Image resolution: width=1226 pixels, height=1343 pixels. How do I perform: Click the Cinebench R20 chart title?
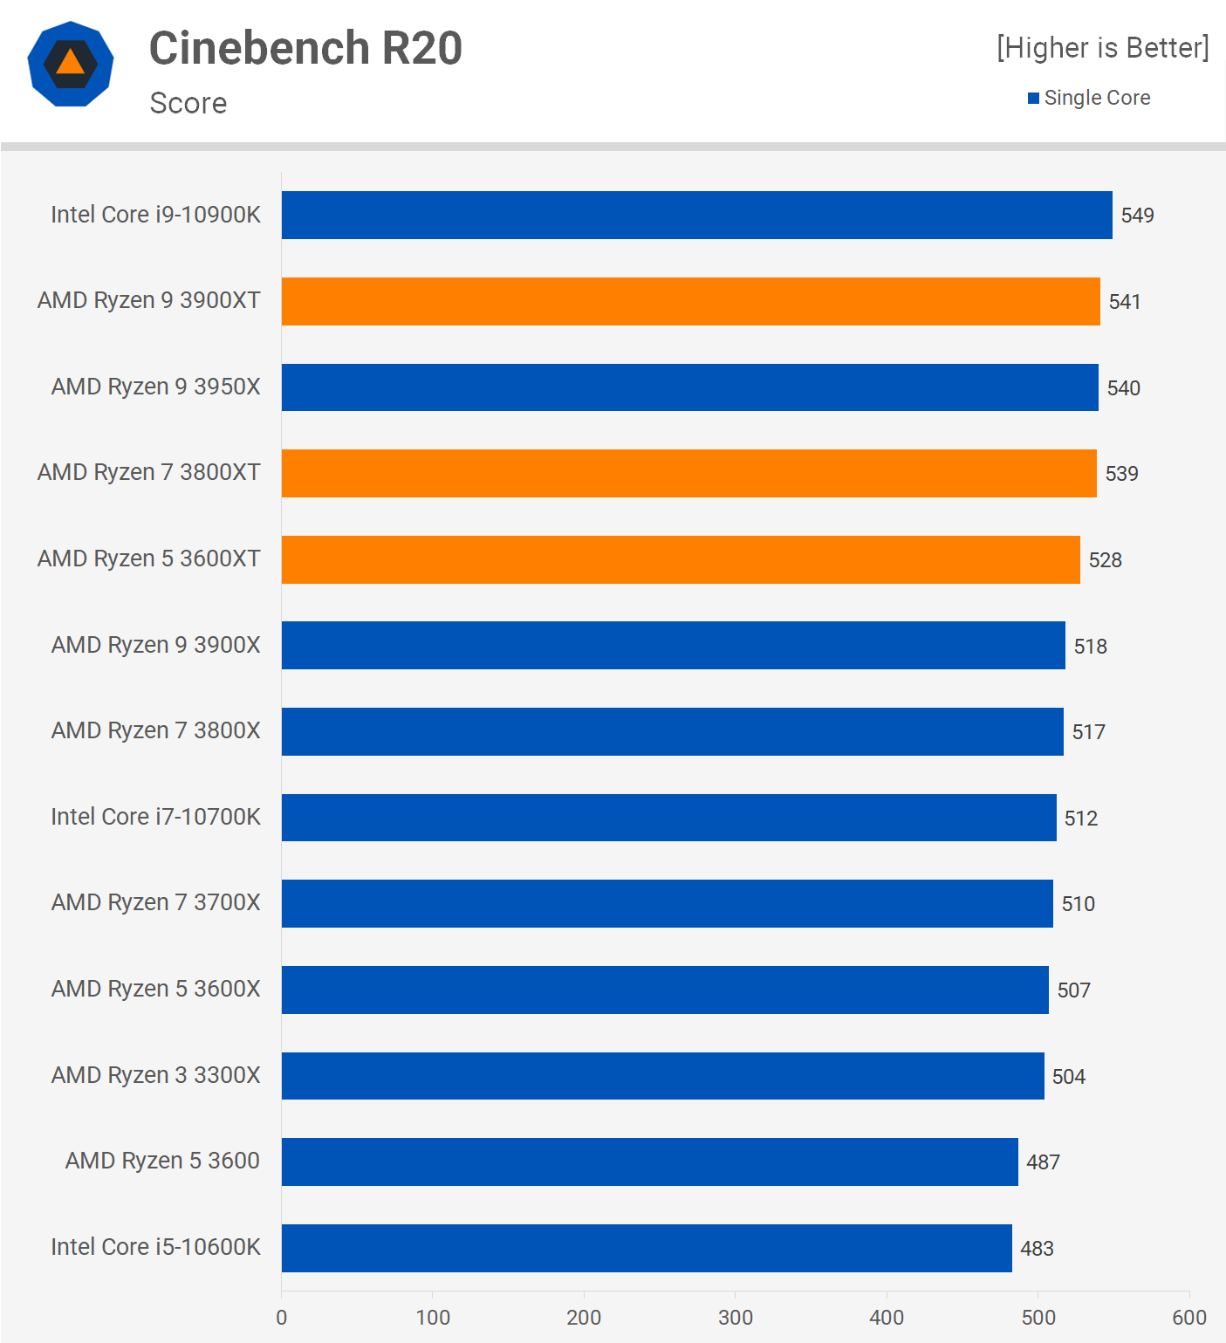tap(305, 48)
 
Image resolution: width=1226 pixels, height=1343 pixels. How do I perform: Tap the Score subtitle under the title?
tap(188, 103)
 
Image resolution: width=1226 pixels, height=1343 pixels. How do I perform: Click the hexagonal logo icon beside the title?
tap(71, 64)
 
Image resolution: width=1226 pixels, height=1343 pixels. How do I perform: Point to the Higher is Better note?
tap(1103, 48)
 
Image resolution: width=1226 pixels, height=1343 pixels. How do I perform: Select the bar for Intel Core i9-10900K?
tap(696, 215)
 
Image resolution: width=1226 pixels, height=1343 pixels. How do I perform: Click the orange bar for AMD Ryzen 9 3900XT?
tap(690, 301)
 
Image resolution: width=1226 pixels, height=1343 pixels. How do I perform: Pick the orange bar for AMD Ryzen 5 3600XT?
tap(681, 559)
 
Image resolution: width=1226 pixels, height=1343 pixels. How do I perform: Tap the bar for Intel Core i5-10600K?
tap(647, 1248)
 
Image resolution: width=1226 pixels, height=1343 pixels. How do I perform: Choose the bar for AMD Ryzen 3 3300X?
tap(662, 1076)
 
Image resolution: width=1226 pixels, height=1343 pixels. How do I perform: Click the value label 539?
tap(1121, 474)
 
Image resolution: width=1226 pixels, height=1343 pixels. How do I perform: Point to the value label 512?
tap(1080, 818)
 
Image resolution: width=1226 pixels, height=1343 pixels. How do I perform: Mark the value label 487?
tap(1043, 1162)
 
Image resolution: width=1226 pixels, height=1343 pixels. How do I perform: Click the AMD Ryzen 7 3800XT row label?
tap(149, 472)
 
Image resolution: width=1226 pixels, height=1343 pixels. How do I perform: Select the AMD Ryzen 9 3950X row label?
tap(156, 387)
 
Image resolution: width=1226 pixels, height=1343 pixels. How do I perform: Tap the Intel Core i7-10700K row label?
tap(156, 817)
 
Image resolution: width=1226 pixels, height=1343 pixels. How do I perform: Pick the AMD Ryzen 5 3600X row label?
tap(156, 989)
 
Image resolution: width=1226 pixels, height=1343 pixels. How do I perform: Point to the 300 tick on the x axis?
tap(735, 1317)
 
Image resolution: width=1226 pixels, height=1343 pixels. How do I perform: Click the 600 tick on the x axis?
tap(1188, 1317)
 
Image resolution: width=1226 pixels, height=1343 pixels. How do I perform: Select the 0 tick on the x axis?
tap(281, 1317)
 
